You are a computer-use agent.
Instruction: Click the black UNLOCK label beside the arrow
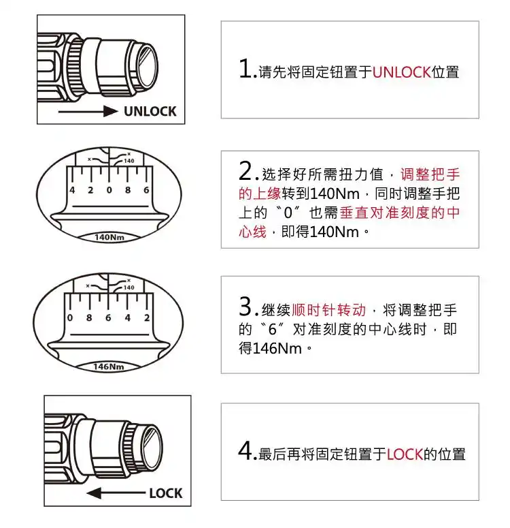coord(150,111)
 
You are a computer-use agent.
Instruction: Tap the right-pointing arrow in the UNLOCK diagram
coord(89,111)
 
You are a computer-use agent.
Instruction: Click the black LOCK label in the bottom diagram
coord(165,493)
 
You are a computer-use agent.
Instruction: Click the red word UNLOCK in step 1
coord(401,72)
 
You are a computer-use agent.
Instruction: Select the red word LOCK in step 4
coord(405,454)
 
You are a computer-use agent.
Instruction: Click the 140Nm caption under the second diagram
coord(108,238)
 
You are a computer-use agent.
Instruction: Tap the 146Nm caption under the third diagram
coord(108,367)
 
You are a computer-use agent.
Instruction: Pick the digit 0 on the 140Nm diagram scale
coord(109,190)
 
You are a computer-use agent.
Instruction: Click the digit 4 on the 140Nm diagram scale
coord(72,190)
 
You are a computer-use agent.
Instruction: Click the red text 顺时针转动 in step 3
coord(328,310)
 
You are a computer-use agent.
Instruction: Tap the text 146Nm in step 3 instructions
coord(279,348)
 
